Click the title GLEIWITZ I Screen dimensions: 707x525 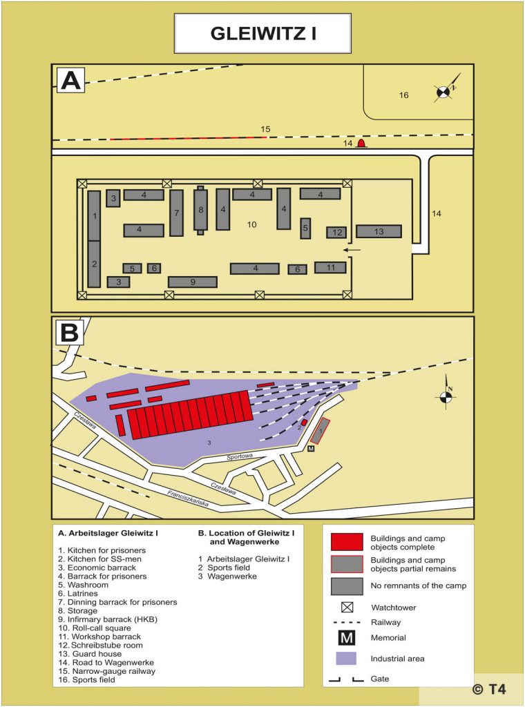pyautogui.click(x=262, y=34)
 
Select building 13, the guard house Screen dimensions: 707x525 pyautogui.click(x=379, y=231)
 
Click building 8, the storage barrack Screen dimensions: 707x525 pyautogui.click(x=200, y=210)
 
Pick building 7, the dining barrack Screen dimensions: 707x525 pyautogui.click(x=176, y=213)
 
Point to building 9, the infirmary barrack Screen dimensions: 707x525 pyautogui.click(x=193, y=282)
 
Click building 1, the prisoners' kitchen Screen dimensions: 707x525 pyautogui.click(x=94, y=215)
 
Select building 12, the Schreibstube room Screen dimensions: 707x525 pyautogui.click(x=336, y=233)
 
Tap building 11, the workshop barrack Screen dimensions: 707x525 pyautogui.click(x=330, y=267)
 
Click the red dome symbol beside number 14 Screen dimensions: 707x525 pyautogui.click(x=361, y=143)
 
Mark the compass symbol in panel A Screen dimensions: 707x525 pyautogui.click(x=444, y=90)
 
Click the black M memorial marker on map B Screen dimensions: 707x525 pyautogui.click(x=311, y=449)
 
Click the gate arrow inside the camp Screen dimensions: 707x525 pyautogui.click(x=352, y=249)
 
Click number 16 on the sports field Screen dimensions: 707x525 pyautogui.click(x=403, y=95)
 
